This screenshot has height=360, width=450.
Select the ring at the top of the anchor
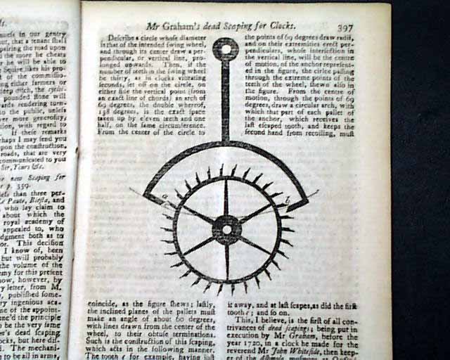(x=226, y=50)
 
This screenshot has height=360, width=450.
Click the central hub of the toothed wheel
(x=226, y=229)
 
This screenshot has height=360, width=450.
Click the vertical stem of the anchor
(x=226, y=98)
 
